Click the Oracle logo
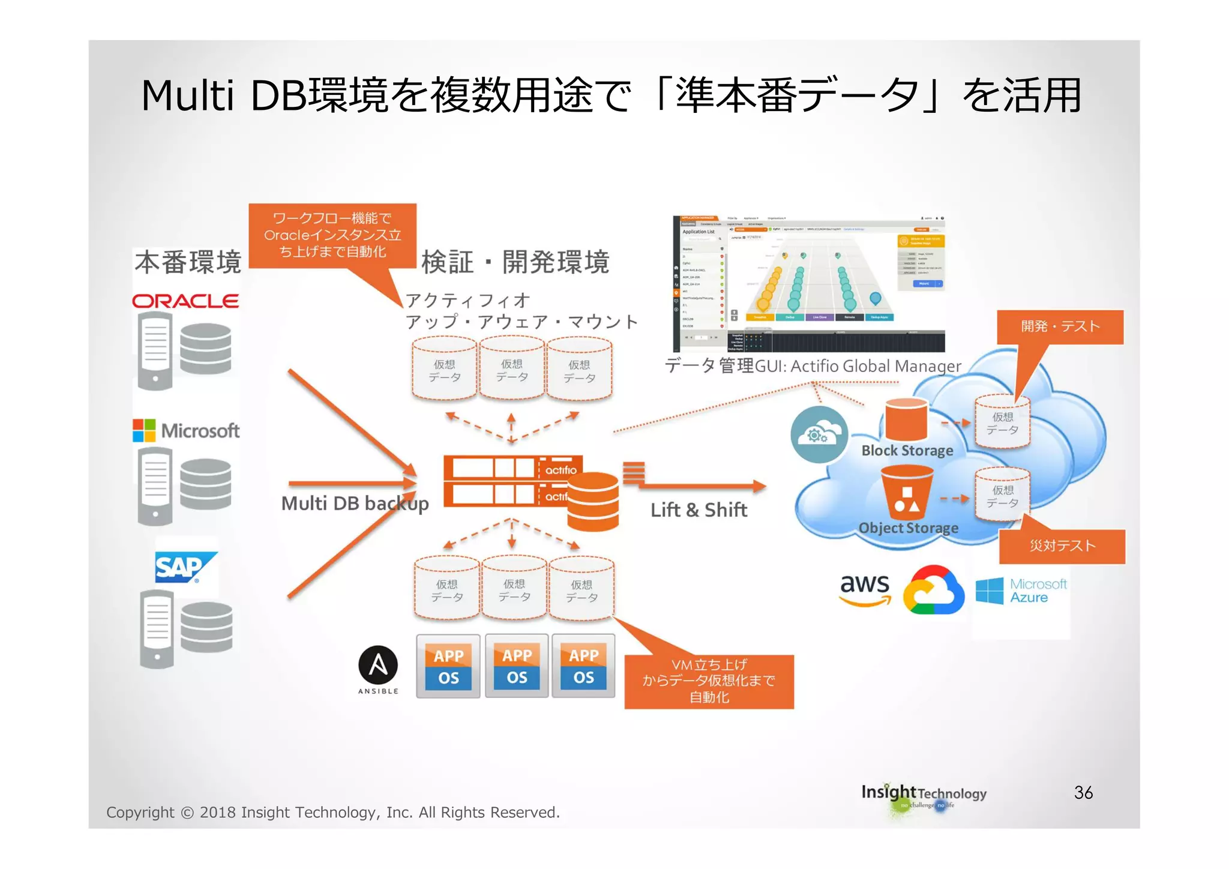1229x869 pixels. [x=185, y=301]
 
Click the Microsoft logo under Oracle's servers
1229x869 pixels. [x=186, y=430]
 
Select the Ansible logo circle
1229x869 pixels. [x=378, y=666]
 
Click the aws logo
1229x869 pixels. [x=865, y=588]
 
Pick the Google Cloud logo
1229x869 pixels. [x=933, y=591]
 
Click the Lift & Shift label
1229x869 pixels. [x=699, y=510]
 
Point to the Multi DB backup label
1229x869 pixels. [x=355, y=504]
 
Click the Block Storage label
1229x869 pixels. [x=907, y=451]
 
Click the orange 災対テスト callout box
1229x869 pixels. [x=1062, y=546]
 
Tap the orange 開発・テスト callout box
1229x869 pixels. [x=1060, y=326]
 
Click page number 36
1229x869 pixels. [x=1083, y=793]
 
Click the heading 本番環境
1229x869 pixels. [x=188, y=262]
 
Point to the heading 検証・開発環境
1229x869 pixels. [x=515, y=262]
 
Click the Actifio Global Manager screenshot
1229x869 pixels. [x=808, y=284]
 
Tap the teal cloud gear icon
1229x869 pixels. [x=819, y=434]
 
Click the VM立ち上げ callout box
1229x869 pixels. [x=709, y=681]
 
